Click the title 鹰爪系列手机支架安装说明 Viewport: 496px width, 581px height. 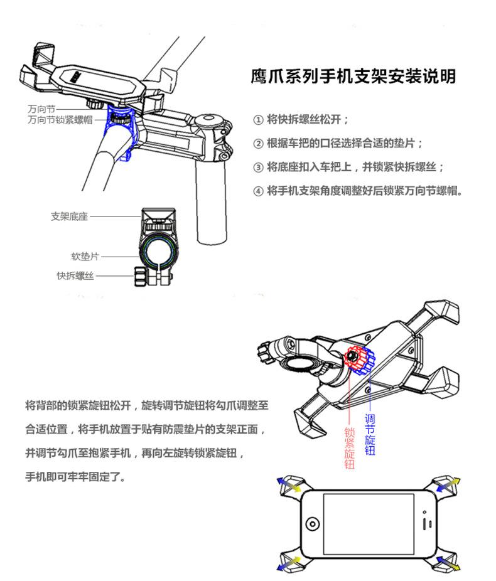point(353,77)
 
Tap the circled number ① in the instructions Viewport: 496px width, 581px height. point(257,120)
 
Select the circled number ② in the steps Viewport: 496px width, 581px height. point(257,143)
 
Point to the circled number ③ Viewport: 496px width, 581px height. point(257,167)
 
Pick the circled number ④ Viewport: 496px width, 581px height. point(257,191)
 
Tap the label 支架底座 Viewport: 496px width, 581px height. point(69,217)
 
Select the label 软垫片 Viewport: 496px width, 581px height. point(85,257)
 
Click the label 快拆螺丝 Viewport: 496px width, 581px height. point(75,275)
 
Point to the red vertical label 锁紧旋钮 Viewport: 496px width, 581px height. point(349,448)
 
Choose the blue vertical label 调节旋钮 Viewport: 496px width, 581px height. point(370,434)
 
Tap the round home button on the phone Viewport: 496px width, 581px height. point(312,523)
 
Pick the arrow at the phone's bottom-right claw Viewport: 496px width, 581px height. point(450,563)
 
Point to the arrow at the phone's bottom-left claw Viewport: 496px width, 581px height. point(288,563)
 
